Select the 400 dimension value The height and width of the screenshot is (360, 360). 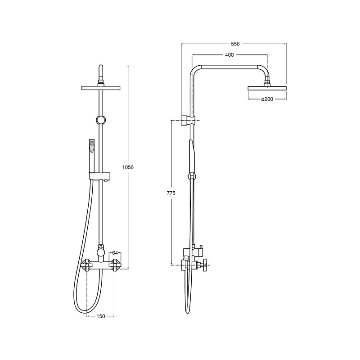click(x=229, y=55)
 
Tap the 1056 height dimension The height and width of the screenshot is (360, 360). click(x=128, y=167)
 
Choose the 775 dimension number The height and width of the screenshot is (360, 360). click(x=171, y=193)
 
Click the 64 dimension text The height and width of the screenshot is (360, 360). click(x=115, y=253)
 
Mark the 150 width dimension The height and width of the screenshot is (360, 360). click(x=101, y=316)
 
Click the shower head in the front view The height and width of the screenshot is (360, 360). click(x=101, y=87)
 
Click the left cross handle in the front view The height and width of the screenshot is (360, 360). click(x=88, y=265)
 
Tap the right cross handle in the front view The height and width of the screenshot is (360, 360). click(x=115, y=265)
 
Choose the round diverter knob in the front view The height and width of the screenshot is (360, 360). click(x=102, y=252)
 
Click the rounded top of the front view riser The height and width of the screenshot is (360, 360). click(x=101, y=68)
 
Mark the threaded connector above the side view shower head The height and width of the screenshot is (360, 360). click(x=267, y=81)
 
